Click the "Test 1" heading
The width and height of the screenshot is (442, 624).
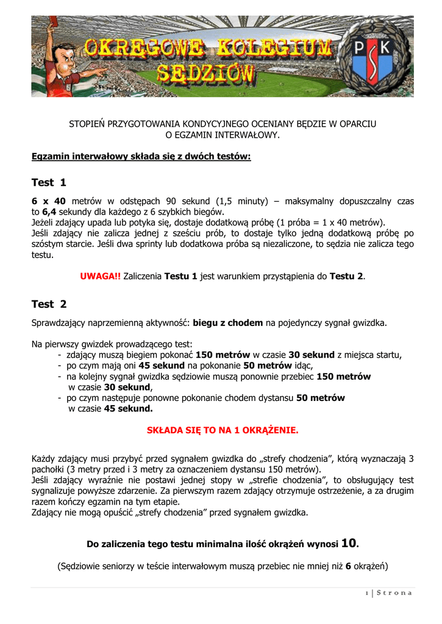[49, 182]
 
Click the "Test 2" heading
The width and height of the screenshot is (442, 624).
[49, 303]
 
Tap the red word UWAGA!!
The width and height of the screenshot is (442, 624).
[100, 276]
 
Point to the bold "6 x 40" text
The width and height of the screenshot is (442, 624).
[48, 200]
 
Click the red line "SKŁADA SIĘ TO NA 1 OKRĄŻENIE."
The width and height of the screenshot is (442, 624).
[223, 430]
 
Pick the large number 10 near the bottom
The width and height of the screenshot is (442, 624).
[348, 542]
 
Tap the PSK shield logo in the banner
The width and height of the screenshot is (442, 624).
[374, 57]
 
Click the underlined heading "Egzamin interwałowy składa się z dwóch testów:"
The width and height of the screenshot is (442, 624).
[141, 157]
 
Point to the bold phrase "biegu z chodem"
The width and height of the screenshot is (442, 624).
[229, 322]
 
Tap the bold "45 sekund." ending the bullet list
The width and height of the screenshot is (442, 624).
[129, 409]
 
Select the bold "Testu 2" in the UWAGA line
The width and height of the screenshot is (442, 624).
[346, 276]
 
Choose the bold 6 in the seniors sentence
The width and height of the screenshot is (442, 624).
[348, 566]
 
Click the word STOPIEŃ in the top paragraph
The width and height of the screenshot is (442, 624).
[87, 124]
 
